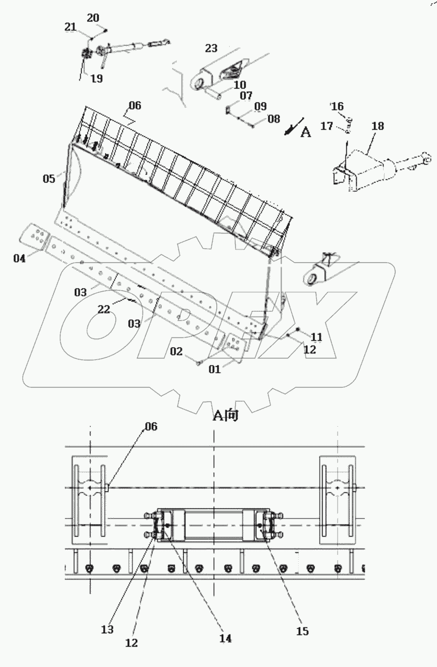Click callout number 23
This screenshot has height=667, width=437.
coord(211,48)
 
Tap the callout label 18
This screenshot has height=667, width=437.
coord(377,126)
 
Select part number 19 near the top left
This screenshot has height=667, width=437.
coord(96,78)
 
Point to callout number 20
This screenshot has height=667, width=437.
coord(93,18)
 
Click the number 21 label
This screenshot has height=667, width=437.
coord(71,27)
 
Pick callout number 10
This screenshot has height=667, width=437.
coord(239,85)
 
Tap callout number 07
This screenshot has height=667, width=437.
coord(246,96)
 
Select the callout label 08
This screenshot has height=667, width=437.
coord(274,119)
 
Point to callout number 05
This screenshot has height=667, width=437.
coord(49,178)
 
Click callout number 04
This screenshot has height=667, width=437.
coord(19,258)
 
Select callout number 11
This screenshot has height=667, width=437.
coord(317,337)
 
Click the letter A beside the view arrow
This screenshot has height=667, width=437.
coord(305,132)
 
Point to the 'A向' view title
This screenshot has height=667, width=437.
coord(226,415)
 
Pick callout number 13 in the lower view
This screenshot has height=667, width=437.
coord(107,630)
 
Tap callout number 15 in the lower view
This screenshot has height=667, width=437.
coord(302,631)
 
